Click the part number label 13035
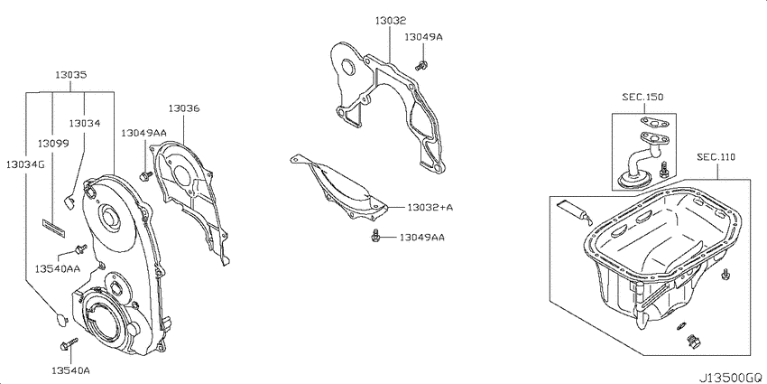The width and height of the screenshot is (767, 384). coord(71,75)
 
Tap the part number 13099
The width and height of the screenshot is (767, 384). coord(53,144)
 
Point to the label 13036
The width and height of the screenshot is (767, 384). coord(184,108)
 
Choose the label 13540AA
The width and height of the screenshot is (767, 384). coord(58,268)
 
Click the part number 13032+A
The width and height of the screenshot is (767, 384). coord(430,208)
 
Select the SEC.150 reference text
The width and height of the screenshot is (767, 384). coord(642,97)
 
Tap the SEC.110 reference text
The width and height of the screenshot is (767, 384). coord(716,157)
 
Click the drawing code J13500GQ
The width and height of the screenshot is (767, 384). coord(730,378)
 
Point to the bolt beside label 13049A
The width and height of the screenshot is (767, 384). coord(420,65)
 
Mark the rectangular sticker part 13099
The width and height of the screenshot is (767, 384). coord(54,229)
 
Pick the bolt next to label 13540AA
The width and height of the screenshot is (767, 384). coord(80,249)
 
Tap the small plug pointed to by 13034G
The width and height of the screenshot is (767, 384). coord(61,319)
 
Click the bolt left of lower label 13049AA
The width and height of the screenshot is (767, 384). coord(376,236)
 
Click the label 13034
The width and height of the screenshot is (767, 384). coord(85,124)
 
